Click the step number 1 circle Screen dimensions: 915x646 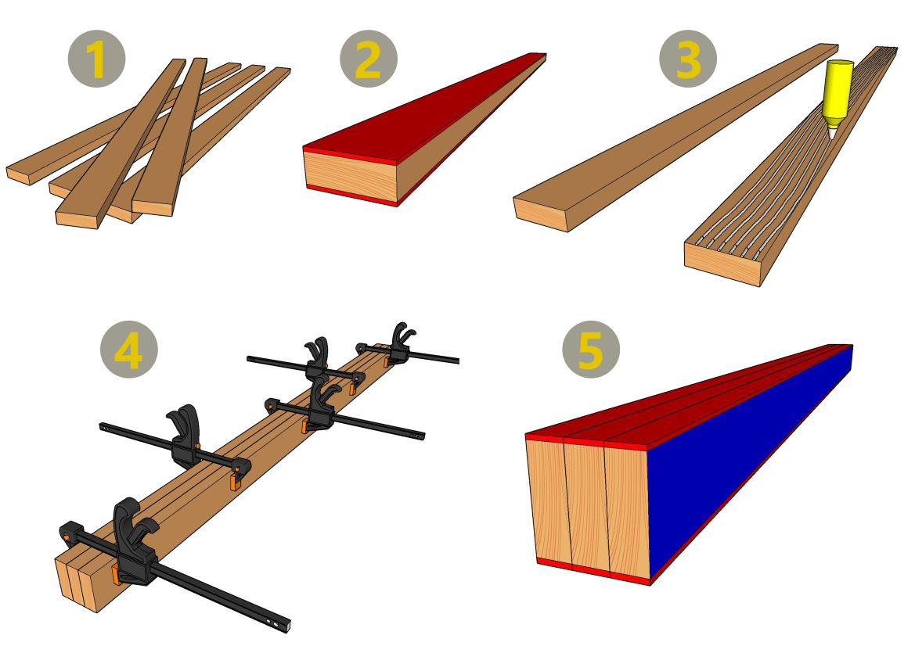click(96, 59)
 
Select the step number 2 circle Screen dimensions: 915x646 click(368, 59)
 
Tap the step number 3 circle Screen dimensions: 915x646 click(688, 59)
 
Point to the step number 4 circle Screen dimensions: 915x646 click(129, 350)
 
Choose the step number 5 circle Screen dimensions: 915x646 click(591, 350)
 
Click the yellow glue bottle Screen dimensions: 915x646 click(838, 92)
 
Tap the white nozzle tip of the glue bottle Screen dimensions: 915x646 click(831, 134)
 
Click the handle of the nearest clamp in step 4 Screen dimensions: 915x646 click(131, 525)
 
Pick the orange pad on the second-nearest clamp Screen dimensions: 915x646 click(235, 482)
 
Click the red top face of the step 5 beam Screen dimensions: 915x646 click(689, 397)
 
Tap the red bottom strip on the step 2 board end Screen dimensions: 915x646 click(351, 194)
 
